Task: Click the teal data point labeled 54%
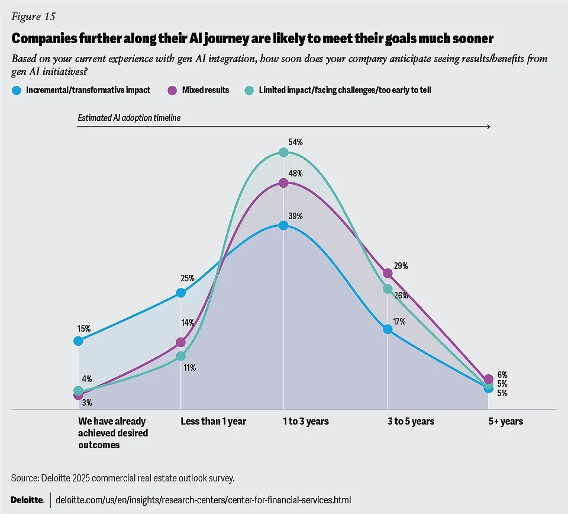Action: click(x=283, y=152)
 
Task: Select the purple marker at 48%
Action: click(x=283, y=183)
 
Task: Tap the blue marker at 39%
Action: click(x=283, y=225)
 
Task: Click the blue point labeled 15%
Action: click(x=78, y=340)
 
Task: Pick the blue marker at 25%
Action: click(x=181, y=293)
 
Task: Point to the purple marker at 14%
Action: click(x=181, y=342)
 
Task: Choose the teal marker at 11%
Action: click(x=181, y=356)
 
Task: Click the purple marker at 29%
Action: click(x=388, y=273)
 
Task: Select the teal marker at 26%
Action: click(x=388, y=289)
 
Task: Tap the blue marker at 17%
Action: click(x=388, y=329)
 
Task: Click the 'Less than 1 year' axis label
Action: click(x=213, y=422)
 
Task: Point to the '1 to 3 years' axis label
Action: click(x=305, y=422)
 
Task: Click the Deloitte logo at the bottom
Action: click(x=28, y=500)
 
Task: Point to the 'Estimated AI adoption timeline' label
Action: click(x=129, y=118)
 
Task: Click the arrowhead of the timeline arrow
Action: click(x=488, y=127)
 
